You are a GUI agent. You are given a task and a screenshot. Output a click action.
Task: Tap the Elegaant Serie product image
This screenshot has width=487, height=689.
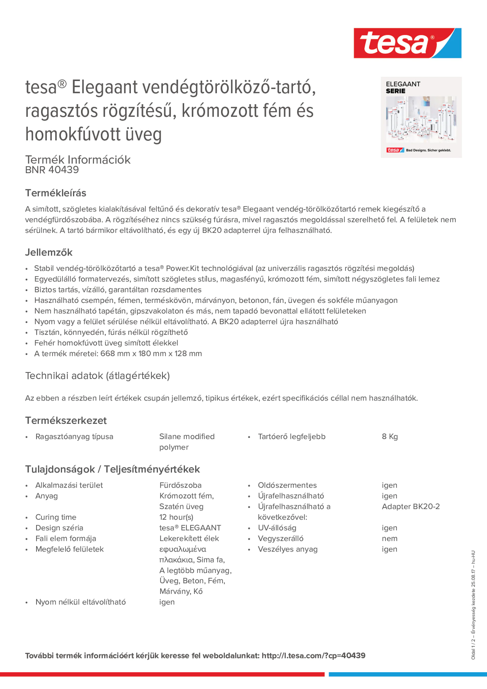click(x=421, y=117)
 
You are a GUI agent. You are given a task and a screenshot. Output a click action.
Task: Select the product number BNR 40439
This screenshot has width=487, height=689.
click(x=52, y=170)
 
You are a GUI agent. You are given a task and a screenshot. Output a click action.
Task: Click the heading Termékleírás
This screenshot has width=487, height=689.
click(x=55, y=193)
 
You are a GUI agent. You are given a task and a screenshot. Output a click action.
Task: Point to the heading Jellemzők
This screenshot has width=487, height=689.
click(x=49, y=252)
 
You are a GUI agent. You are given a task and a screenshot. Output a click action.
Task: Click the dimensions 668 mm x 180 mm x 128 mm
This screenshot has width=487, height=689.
click(x=151, y=353)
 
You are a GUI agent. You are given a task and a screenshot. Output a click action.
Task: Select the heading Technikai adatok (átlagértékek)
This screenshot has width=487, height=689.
click(x=97, y=376)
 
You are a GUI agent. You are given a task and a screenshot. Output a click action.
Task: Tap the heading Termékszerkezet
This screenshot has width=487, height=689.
click(x=66, y=420)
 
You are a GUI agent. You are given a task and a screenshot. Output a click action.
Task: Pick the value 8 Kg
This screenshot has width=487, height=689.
click(x=389, y=437)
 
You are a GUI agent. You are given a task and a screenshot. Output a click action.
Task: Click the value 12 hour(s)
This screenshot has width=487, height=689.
click(x=176, y=517)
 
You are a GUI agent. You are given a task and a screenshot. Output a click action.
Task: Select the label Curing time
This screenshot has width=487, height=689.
click(x=56, y=517)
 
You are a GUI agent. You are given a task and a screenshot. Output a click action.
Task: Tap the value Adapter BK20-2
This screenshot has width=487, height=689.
click(x=410, y=507)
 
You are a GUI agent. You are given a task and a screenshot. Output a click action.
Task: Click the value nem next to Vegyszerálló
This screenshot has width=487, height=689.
click(x=389, y=538)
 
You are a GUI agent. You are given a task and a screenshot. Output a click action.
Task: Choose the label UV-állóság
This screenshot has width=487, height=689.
click(x=277, y=528)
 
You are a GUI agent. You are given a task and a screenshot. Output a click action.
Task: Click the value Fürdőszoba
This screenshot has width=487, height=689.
click(x=180, y=485)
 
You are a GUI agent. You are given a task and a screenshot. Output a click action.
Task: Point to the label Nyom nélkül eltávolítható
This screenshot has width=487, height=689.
click(x=81, y=602)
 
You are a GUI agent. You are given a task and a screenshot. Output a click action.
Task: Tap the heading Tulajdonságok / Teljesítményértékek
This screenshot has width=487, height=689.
click(x=112, y=469)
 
